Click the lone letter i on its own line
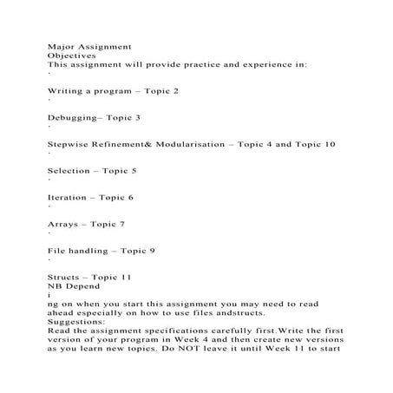[49, 297]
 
